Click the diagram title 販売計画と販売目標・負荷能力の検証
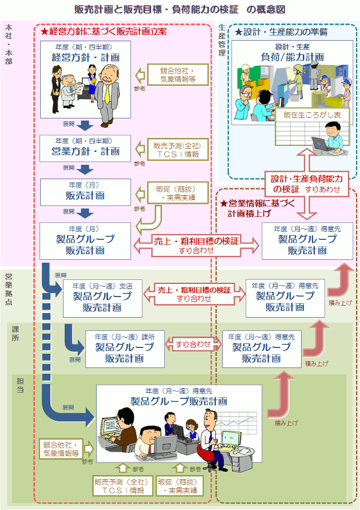point(180,10)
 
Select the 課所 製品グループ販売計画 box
point(124,349)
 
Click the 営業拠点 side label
point(8,290)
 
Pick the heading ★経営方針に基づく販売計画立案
point(104,32)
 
